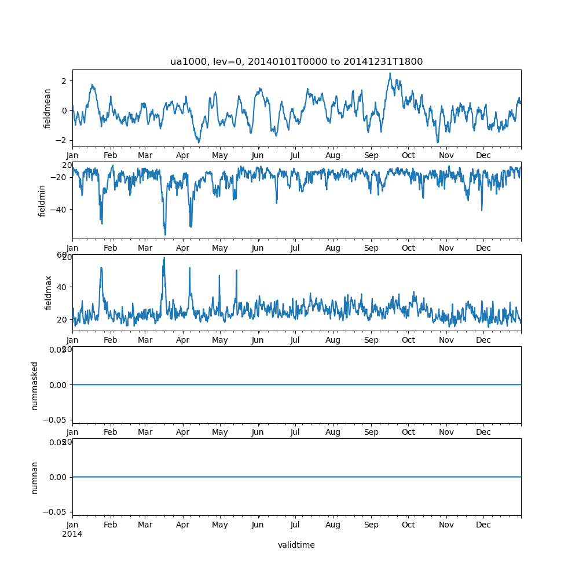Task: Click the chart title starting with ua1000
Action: click(x=296, y=62)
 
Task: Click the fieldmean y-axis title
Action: click(x=48, y=108)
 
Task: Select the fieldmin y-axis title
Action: click(x=42, y=200)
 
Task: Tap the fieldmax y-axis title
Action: click(x=48, y=292)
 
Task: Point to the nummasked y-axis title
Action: click(x=35, y=385)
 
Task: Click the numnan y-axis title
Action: click(x=35, y=477)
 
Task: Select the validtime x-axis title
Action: click(x=296, y=545)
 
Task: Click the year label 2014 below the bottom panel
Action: click(x=72, y=534)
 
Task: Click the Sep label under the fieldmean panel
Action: click(x=371, y=156)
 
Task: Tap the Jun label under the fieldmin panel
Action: click(x=258, y=248)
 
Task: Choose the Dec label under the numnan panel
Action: click(x=483, y=525)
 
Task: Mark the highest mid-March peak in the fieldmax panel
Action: click(x=164, y=258)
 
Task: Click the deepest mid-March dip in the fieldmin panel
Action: click(x=165, y=235)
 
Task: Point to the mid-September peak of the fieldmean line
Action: click(x=390, y=74)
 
